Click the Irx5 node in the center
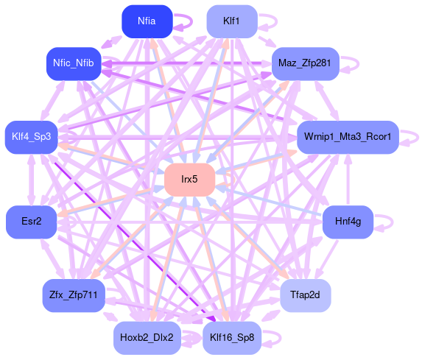click(x=190, y=180)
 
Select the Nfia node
click(x=147, y=21)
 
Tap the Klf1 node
click(x=232, y=21)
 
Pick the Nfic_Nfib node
click(x=74, y=63)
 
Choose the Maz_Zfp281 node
click(x=305, y=63)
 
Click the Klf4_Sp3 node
click(x=32, y=137)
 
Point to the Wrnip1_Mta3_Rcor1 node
click(x=348, y=137)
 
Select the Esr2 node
click(x=32, y=222)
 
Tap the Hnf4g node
click(x=348, y=222)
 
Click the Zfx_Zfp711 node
click(x=74, y=295)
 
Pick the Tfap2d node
click(x=305, y=295)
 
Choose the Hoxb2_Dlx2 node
click(x=147, y=338)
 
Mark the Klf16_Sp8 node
click(x=232, y=338)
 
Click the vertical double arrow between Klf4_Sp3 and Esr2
click(x=32, y=180)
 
